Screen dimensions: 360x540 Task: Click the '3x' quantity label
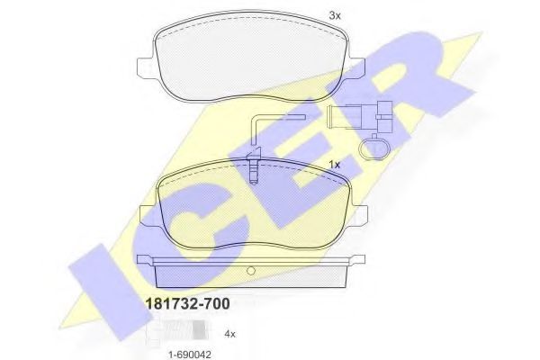point(335,16)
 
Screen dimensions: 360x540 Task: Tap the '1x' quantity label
point(335,165)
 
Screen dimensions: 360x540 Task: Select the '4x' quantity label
point(229,334)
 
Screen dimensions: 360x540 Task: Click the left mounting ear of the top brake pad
point(143,70)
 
